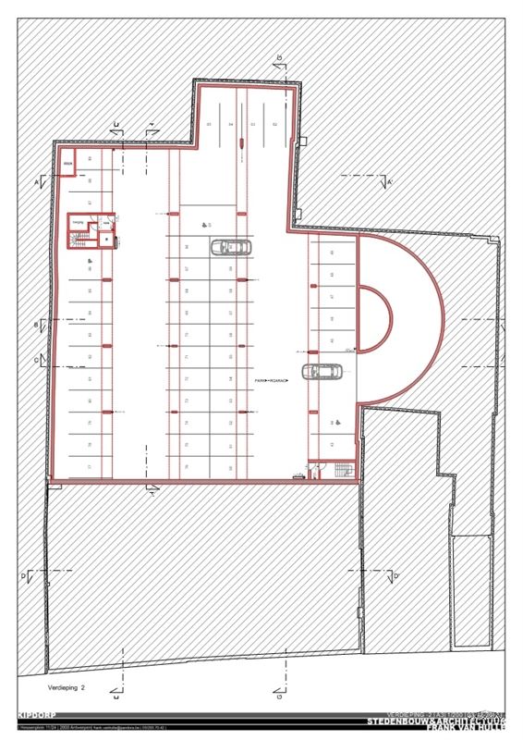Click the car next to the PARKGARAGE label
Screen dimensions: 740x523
[322, 372]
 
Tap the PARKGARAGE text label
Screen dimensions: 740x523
[273, 380]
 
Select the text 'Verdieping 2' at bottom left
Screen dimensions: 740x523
[67, 689]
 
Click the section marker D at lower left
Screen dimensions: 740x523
[26, 577]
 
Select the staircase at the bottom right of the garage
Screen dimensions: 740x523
[346, 471]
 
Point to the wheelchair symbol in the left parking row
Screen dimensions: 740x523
[90, 263]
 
